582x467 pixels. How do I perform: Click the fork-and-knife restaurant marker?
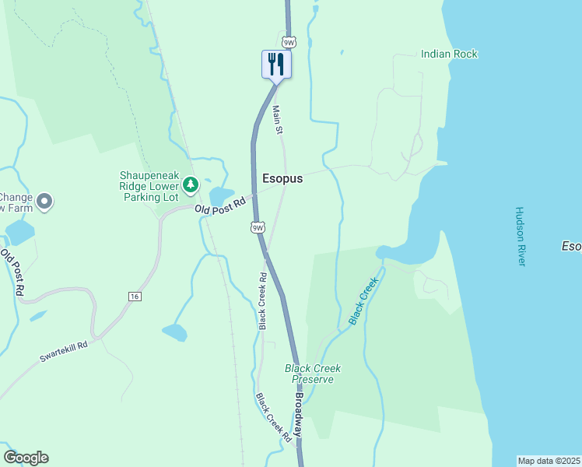(x=276, y=64)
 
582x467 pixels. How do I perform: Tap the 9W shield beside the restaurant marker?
(x=289, y=42)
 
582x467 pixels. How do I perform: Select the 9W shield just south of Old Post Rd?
(x=258, y=227)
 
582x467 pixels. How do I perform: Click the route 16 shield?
(x=135, y=297)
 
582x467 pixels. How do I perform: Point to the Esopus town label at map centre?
(x=282, y=178)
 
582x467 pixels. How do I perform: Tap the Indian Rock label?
(x=449, y=54)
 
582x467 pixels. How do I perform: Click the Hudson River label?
(x=521, y=237)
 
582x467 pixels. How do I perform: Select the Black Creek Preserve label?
(x=313, y=374)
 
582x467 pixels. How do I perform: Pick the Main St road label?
(x=277, y=120)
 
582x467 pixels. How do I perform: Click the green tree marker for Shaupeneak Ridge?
(x=191, y=185)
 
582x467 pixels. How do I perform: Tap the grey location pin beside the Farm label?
(x=44, y=202)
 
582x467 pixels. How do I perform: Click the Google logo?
(x=26, y=458)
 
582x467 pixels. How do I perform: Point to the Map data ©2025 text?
(x=549, y=461)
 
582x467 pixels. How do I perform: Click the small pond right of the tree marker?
(x=221, y=195)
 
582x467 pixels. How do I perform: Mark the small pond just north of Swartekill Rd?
(x=174, y=332)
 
